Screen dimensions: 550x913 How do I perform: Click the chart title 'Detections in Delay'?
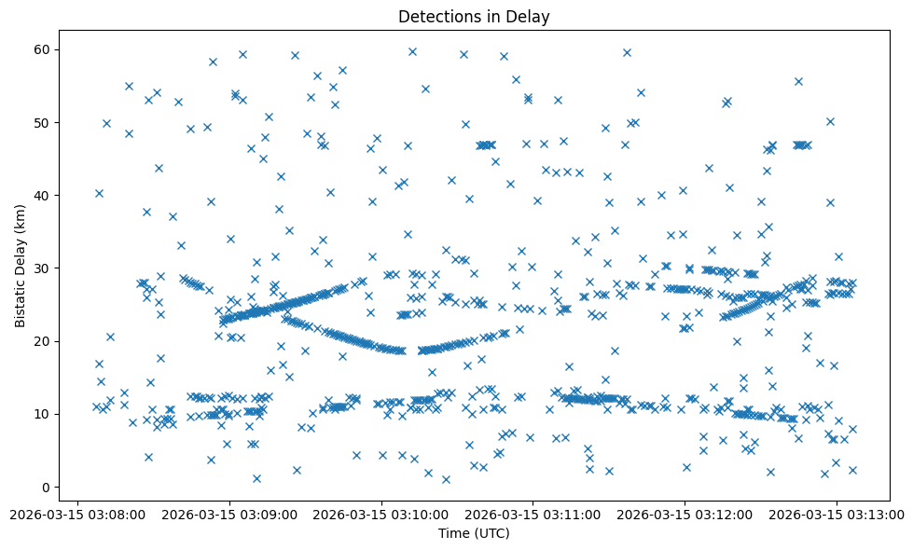click(474, 16)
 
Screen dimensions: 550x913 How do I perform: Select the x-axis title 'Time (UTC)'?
click(474, 533)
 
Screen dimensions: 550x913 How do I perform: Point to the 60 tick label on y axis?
click(42, 49)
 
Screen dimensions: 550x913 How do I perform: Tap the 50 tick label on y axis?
click(42, 122)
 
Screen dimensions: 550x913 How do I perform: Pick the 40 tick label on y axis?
click(42, 195)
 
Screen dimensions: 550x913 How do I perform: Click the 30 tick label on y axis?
click(42, 268)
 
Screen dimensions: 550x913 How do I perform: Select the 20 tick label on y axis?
click(42, 341)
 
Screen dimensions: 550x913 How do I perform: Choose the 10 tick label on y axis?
click(42, 414)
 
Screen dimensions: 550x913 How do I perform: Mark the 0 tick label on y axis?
click(46, 487)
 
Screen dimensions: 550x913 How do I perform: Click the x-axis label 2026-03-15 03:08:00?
click(77, 513)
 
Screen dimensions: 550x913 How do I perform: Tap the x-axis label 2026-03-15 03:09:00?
click(229, 513)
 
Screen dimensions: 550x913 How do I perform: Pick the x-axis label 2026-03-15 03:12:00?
click(684, 513)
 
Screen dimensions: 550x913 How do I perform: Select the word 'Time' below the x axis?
click(454, 533)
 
